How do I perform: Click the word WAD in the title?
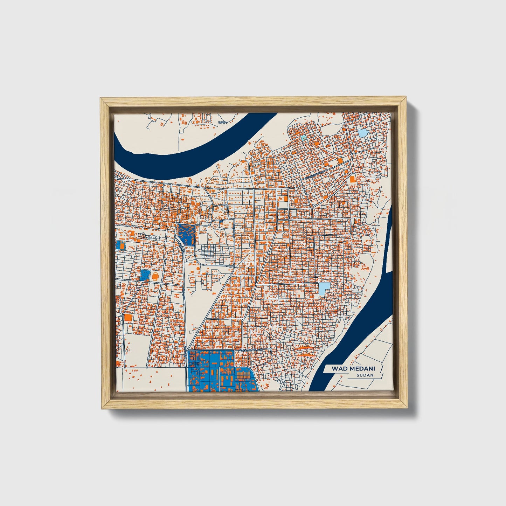tap(338, 369)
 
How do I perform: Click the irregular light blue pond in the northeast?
tap(362, 133)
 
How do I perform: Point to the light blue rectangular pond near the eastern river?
tap(324, 289)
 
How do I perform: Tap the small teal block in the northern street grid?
tap(304, 138)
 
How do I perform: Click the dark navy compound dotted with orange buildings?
tap(186, 234)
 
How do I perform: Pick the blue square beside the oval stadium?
tap(144, 275)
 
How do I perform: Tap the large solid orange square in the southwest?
tap(128, 318)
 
